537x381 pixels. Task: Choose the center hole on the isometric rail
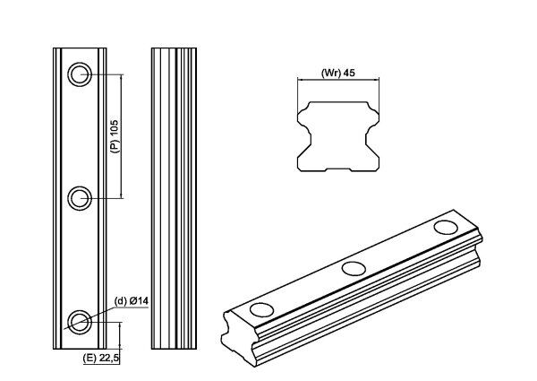pyautogui.click(x=354, y=267)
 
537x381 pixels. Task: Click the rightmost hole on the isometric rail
pyautogui.click(x=445, y=228)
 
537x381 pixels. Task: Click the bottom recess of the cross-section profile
pyautogui.click(x=339, y=168)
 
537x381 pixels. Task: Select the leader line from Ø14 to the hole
pyautogui.click(x=100, y=310)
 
